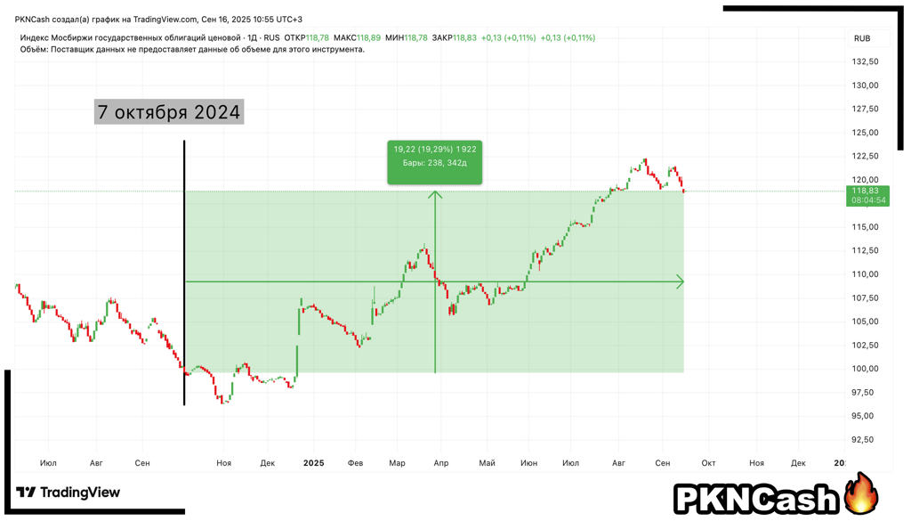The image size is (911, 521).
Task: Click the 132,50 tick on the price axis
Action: tap(866, 61)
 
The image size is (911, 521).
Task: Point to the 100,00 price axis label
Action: tap(866, 369)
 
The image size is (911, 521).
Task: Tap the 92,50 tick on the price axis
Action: tap(866, 440)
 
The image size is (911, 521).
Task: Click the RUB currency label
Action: tap(862, 38)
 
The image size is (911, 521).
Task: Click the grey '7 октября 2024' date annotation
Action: tap(169, 112)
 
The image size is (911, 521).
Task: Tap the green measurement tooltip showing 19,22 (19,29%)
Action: tap(435, 162)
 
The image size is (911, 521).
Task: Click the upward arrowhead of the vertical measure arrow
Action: tap(435, 195)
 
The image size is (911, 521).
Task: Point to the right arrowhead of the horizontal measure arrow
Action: tap(681, 282)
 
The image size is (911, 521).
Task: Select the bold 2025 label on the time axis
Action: tap(313, 463)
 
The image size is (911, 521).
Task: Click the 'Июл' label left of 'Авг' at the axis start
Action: tap(49, 463)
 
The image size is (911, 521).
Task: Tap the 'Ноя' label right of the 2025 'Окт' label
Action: tap(756, 463)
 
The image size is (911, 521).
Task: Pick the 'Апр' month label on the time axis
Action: tap(441, 463)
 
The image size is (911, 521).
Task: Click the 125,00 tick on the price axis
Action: tap(866, 133)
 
